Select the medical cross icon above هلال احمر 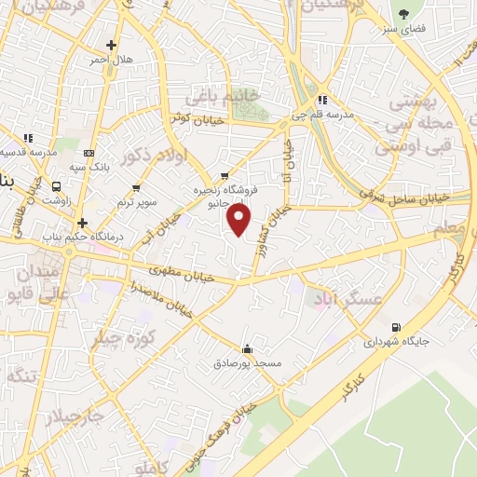(112, 45)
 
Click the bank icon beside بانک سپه (89, 153)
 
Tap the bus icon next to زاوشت (58, 185)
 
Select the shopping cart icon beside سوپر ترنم (136, 188)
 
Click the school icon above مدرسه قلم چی (321, 101)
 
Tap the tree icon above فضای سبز (403, 14)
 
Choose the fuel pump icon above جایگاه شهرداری (398, 327)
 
